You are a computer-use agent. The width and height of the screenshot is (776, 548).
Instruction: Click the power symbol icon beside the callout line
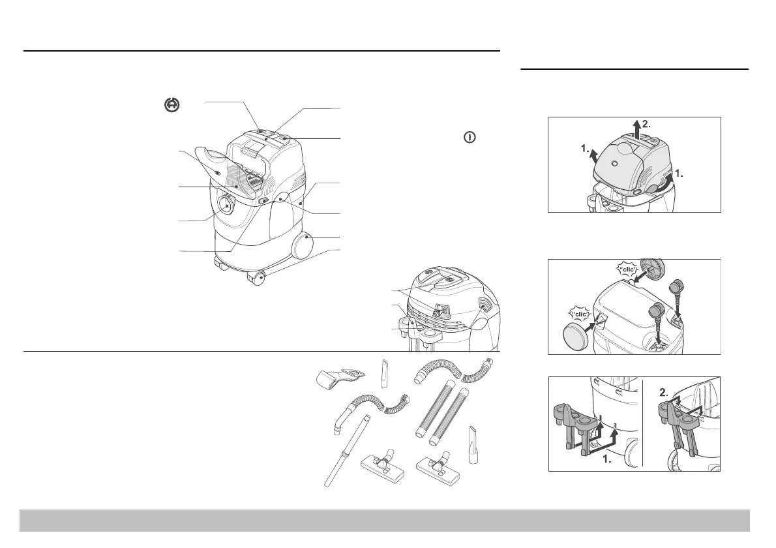coord(470,138)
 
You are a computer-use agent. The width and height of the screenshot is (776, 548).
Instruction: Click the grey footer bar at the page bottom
coord(385,521)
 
